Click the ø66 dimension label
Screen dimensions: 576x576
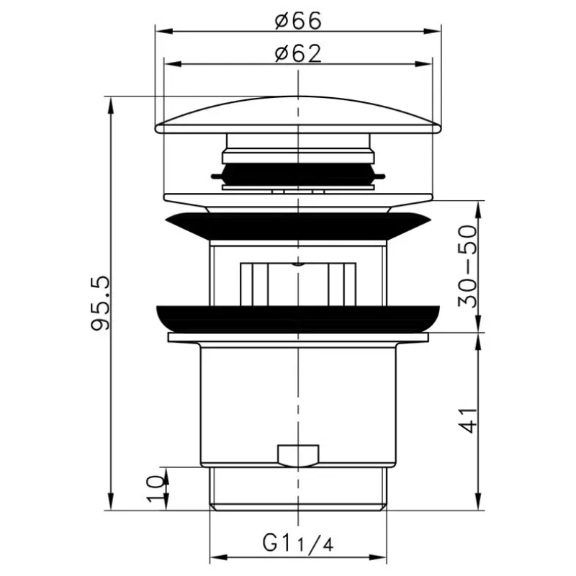pyautogui.click(x=297, y=20)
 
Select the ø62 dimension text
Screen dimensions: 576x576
pyautogui.click(x=297, y=53)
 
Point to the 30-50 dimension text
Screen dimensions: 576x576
pyautogui.click(x=469, y=266)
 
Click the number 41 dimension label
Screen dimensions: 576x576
pyautogui.click(x=469, y=418)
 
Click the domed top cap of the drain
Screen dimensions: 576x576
pyautogui.click(x=298, y=115)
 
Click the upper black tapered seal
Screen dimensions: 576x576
pyautogui.click(x=298, y=225)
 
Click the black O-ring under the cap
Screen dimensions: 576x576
pyautogui.click(x=298, y=174)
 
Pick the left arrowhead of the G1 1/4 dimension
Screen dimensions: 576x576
pyautogui.click(x=215, y=558)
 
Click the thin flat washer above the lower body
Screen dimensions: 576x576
pyautogui.click(x=298, y=337)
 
